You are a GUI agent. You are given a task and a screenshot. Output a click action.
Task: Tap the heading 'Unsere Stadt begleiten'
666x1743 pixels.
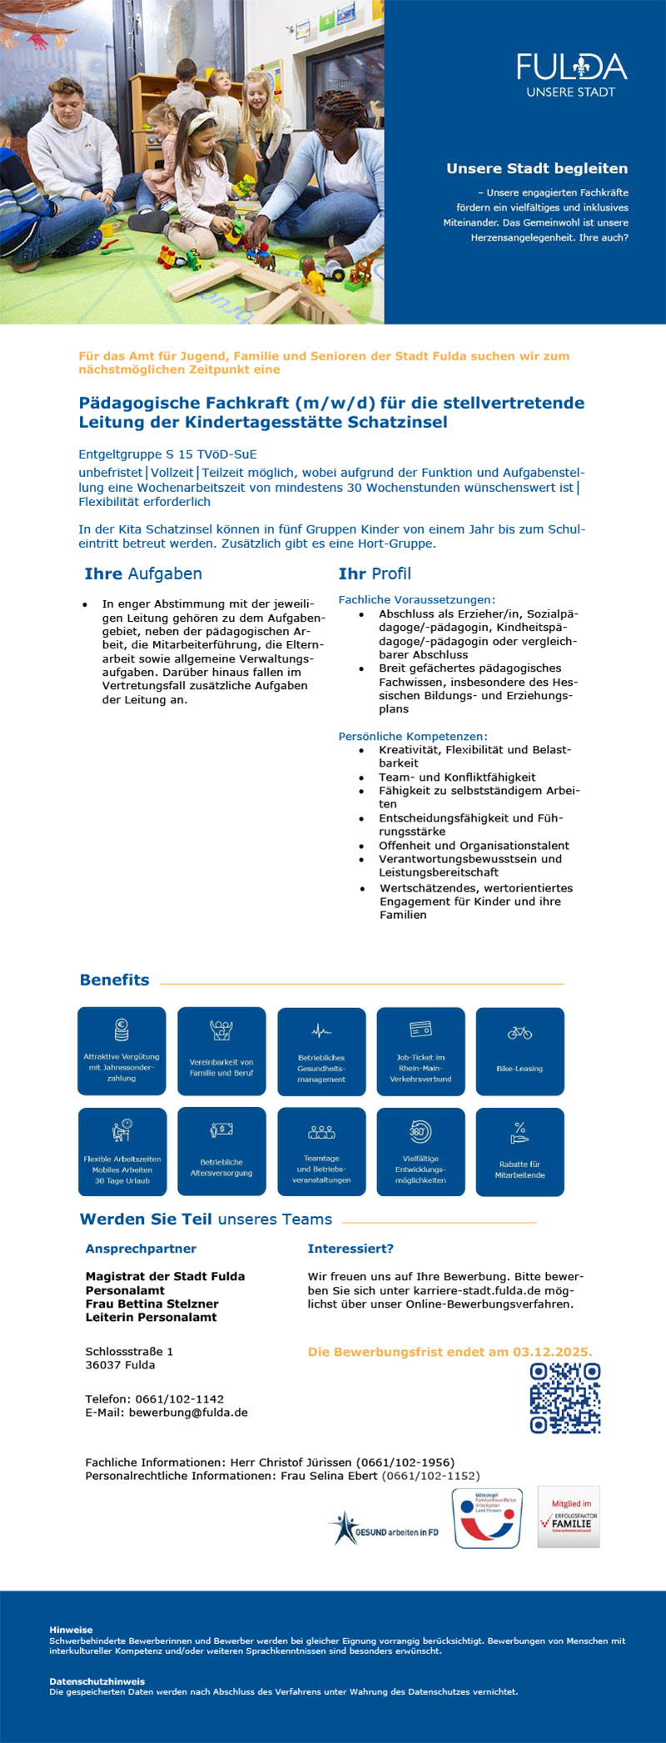pyautogui.click(x=536, y=169)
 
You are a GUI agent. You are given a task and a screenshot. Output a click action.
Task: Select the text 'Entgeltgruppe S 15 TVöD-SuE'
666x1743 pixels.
pyautogui.click(x=167, y=454)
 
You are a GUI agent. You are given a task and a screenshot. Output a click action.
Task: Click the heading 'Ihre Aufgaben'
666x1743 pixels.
pyautogui.click(x=142, y=574)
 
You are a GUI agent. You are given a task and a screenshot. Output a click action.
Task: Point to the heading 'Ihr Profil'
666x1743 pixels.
pyautogui.click(x=374, y=574)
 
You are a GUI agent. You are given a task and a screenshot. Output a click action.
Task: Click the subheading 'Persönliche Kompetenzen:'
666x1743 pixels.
pyautogui.click(x=412, y=736)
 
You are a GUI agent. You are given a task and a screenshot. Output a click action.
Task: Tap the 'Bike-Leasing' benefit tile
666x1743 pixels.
pyautogui.click(x=519, y=1051)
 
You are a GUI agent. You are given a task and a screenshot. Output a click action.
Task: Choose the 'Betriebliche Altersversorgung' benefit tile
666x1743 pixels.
pyautogui.click(x=221, y=1151)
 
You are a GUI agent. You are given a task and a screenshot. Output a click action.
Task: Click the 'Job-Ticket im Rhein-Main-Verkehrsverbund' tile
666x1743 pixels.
pyautogui.click(x=420, y=1051)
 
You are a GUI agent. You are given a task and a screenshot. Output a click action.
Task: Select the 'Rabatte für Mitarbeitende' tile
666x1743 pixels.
pyautogui.click(x=519, y=1151)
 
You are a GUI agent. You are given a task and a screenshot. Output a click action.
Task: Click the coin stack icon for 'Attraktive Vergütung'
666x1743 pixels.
pyautogui.click(x=122, y=1030)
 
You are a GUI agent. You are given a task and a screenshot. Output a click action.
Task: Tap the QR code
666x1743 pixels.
pyautogui.click(x=565, y=1398)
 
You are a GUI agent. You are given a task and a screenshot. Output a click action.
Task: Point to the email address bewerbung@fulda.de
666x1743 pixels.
pyautogui.click(x=188, y=1413)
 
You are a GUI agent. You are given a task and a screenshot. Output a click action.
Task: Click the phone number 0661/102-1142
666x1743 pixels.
pyautogui.click(x=179, y=1399)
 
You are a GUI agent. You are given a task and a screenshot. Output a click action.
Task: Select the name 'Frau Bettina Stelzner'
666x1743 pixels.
pyautogui.click(x=152, y=1304)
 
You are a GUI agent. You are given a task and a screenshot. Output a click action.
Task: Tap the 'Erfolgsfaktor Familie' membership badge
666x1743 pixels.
pyautogui.click(x=569, y=1517)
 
